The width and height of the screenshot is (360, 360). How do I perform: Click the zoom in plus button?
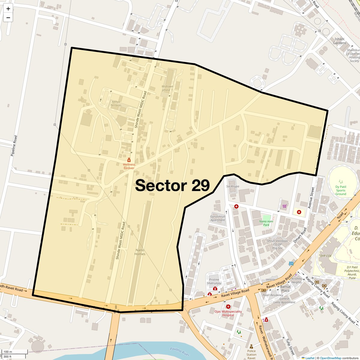[8, 9]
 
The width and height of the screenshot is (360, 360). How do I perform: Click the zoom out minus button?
[8, 18]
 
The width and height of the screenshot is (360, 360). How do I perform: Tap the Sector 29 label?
[172, 185]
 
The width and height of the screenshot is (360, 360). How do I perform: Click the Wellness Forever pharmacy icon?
[129, 160]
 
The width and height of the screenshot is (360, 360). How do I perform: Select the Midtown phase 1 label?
[167, 88]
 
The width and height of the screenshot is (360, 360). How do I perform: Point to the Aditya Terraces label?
[116, 103]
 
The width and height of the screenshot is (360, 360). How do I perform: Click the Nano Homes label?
[140, 252]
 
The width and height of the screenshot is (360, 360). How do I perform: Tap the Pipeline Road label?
[14, 146]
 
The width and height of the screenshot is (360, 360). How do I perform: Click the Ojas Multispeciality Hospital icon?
[228, 307]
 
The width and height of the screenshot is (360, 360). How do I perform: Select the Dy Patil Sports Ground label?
[340, 190]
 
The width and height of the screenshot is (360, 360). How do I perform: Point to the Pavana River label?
[180, 352]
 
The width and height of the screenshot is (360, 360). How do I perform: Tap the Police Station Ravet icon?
[251, 346]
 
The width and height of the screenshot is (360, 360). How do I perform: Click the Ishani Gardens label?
[339, 41]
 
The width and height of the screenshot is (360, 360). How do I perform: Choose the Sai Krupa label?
[232, 186]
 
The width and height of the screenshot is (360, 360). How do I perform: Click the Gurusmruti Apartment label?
[217, 218]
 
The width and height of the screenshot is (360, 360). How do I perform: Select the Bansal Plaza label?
[285, 289]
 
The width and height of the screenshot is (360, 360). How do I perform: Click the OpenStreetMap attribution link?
[330, 358]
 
